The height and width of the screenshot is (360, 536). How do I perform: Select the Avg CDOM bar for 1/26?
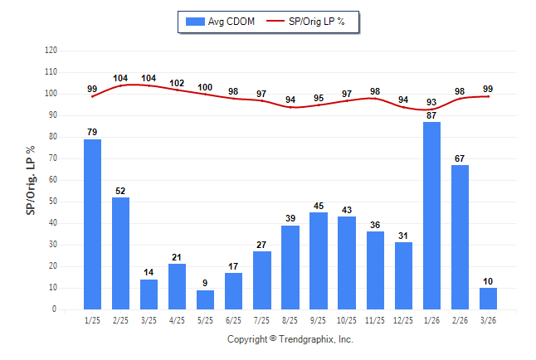(431, 216)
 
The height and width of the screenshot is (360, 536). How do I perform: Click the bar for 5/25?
(206, 299)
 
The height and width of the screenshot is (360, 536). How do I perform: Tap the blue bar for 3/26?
(488, 299)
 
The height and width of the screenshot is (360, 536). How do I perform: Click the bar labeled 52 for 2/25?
(121, 253)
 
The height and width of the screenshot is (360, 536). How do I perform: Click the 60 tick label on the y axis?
(53, 180)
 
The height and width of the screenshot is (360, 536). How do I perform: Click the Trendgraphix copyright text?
(290, 339)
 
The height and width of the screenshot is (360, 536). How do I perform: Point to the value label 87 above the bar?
(431, 115)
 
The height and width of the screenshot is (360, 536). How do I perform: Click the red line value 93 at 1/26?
(431, 102)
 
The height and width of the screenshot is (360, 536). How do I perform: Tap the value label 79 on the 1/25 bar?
(93, 132)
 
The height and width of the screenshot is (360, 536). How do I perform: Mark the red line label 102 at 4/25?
(178, 83)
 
